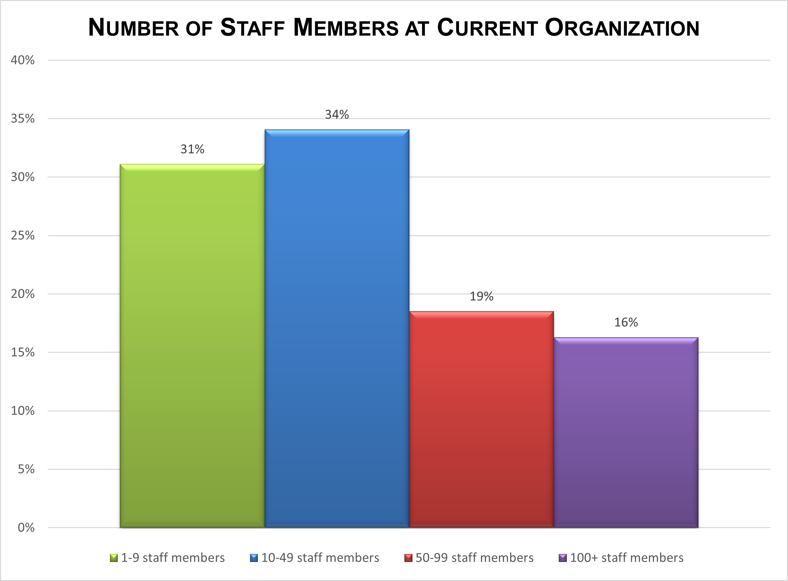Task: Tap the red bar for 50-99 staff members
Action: coord(481,419)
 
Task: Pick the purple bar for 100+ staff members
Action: coord(626,432)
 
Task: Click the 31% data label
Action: coord(192,150)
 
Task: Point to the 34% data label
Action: coord(337,115)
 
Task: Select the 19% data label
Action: coord(481,296)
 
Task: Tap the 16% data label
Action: coord(626,323)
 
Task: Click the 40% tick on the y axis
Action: coord(23,60)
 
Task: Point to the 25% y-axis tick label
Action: coord(23,236)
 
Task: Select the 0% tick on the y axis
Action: coord(26,527)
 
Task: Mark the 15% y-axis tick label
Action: coord(23,352)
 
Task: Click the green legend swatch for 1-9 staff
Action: coord(114,558)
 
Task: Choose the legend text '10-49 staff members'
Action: coord(320,558)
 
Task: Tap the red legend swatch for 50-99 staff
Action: coord(408,558)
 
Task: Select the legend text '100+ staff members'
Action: coord(627,558)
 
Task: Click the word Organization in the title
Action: coord(621,28)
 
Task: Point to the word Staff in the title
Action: coord(252,28)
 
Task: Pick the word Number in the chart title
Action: coord(133,28)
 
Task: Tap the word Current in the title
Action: coord(487,28)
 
